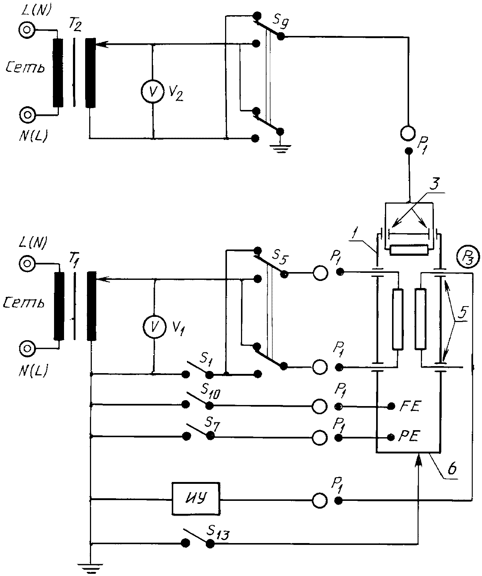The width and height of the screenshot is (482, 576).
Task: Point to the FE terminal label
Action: pos(410,406)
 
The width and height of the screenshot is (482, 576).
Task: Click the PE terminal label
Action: pos(409,437)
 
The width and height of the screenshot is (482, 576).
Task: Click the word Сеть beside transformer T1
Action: pos(24,303)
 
